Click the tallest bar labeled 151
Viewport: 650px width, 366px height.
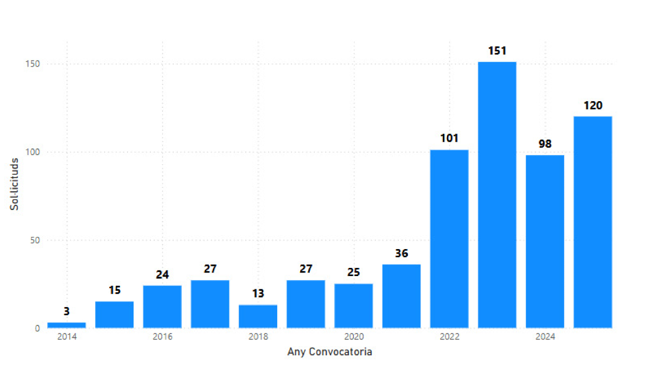(x=497, y=195)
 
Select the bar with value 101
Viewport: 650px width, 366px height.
(x=449, y=239)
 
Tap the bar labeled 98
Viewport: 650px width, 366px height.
(x=545, y=241)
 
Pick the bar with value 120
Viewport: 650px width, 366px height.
(x=593, y=222)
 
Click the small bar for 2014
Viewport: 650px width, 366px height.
(x=67, y=325)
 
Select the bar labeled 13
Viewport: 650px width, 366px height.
(x=258, y=317)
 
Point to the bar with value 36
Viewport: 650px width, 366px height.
(x=402, y=296)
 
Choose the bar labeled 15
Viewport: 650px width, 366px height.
(x=115, y=315)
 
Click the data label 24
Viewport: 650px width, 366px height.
(x=162, y=275)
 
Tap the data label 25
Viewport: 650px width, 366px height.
(x=354, y=272)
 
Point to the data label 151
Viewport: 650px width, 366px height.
(x=497, y=51)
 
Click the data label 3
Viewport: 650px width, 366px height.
(x=67, y=312)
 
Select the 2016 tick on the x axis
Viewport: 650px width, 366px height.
(x=162, y=337)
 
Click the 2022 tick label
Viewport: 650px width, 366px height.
(x=449, y=337)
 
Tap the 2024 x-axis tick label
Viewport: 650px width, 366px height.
(x=545, y=337)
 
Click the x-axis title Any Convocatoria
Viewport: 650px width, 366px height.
(x=330, y=352)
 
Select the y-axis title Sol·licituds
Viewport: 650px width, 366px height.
(x=15, y=184)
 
